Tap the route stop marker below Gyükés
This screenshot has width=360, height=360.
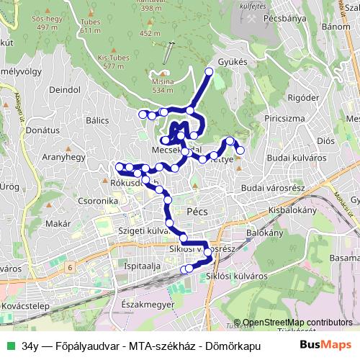(x=210, y=71)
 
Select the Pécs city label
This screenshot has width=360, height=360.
(x=197, y=213)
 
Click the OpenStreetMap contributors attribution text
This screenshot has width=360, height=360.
(x=297, y=323)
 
